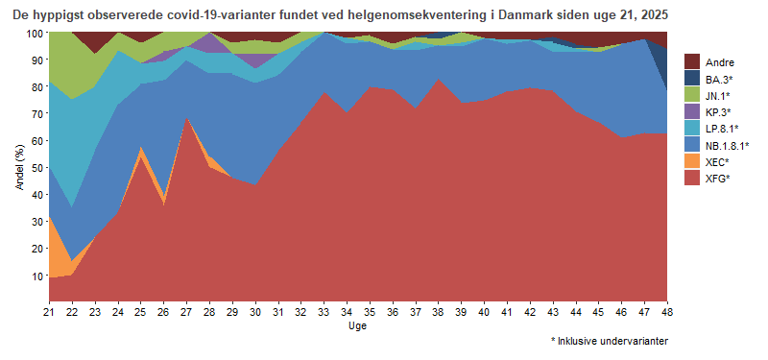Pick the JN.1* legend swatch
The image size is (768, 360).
pyautogui.click(x=693, y=95)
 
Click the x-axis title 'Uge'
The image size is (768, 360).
pyautogui.click(x=357, y=326)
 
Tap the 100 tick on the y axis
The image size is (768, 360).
pyautogui.click(x=34, y=33)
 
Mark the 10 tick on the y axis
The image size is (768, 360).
pyautogui.click(x=36, y=276)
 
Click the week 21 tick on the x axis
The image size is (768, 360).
pyautogui.click(x=49, y=312)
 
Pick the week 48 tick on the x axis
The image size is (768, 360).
pyautogui.click(x=667, y=312)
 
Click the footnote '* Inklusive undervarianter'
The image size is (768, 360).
pyautogui.click(x=610, y=341)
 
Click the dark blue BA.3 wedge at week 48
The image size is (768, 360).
pyautogui.click(x=664, y=67)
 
